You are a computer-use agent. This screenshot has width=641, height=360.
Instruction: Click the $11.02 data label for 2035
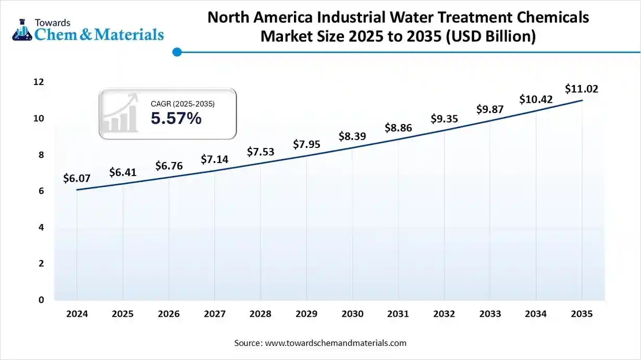[x=582, y=89]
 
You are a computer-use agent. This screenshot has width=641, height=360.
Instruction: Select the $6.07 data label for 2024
[x=77, y=179]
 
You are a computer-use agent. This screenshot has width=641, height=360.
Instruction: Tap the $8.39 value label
[x=352, y=136]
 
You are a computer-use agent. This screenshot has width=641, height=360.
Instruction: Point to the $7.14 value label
[x=215, y=159]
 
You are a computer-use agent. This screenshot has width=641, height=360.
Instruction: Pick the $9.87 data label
[x=490, y=109]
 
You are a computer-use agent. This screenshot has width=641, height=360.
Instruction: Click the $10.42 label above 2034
[x=536, y=99]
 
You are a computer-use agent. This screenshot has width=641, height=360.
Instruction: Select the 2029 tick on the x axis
[x=306, y=314]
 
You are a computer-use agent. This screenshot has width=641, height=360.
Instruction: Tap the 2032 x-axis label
[x=444, y=314]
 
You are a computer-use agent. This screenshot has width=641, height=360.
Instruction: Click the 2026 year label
[x=168, y=314]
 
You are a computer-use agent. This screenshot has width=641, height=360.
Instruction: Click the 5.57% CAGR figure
[x=176, y=119]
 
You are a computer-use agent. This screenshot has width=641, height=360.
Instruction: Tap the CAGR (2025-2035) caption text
[x=182, y=104]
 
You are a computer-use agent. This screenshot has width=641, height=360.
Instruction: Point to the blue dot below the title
[x=177, y=52]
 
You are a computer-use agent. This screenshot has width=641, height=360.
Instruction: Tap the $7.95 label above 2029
[x=306, y=144]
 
